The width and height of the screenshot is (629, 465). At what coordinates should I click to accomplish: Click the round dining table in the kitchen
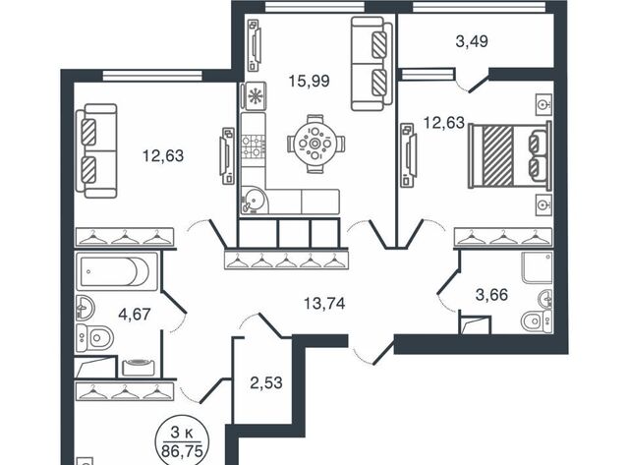click(315, 144)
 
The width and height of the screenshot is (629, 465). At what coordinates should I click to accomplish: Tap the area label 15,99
click(310, 81)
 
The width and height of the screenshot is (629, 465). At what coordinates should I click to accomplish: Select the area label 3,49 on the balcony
click(472, 41)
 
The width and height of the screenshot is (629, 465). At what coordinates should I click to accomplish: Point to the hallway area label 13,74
click(324, 304)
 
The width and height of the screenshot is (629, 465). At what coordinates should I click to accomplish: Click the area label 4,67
click(135, 314)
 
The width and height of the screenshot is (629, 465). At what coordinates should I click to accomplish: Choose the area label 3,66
click(491, 295)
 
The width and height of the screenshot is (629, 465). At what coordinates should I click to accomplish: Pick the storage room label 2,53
click(266, 382)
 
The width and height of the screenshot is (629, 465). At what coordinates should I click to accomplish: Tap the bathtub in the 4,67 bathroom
click(117, 271)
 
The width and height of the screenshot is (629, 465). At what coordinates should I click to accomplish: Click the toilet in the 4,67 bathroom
click(94, 337)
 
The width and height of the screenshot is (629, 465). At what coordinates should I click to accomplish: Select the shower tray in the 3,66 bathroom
click(537, 267)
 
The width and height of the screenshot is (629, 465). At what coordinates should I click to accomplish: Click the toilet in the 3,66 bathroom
click(537, 321)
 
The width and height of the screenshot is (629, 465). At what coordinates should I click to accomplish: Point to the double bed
click(510, 155)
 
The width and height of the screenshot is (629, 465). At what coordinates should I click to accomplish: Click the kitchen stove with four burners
click(254, 146)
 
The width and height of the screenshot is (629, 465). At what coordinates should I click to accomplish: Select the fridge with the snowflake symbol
click(254, 96)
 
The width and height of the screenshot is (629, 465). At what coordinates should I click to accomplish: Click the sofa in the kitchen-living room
click(372, 63)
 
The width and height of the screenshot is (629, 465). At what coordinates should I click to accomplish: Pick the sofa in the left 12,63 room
click(96, 150)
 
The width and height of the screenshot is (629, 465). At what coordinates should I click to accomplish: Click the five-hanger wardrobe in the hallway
click(286, 259)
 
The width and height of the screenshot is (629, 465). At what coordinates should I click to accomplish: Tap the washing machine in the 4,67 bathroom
click(139, 367)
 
